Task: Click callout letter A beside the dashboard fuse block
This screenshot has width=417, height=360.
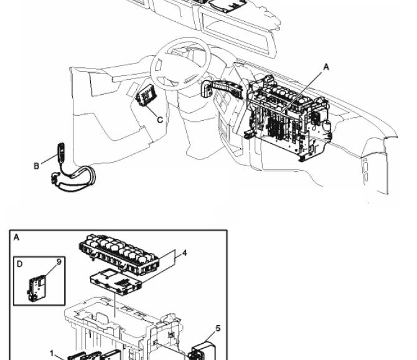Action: tap(326, 67)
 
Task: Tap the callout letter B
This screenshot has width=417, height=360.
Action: tap(37, 166)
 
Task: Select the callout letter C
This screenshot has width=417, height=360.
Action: tap(160, 120)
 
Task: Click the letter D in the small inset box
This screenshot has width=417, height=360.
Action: tap(20, 264)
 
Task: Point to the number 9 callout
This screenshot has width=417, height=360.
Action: tap(59, 262)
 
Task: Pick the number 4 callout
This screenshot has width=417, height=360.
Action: tap(184, 253)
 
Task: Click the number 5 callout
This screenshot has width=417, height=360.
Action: tap(218, 328)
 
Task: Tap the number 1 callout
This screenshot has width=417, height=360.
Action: tap(52, 354)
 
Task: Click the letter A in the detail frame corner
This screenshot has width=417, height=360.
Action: tap(16, 237)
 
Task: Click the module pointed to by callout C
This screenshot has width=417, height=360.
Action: tap(146, 95)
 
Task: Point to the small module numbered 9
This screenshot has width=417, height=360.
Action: tap(37, 288)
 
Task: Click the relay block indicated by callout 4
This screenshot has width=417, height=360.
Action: tap(119, 253)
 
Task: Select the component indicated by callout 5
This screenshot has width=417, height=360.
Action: tap(202, 351)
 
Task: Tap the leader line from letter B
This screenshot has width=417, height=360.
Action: tap(49, 159)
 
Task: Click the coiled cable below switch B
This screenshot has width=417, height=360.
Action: tap(74, 178)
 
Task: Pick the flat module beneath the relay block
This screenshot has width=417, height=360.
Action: tap(115, 282)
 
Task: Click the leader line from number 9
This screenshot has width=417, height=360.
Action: tap(51, 270)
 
